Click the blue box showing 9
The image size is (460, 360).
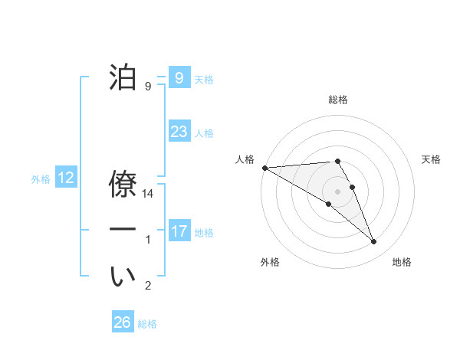(x=179, y=77)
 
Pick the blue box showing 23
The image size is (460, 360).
(x=179, y=132)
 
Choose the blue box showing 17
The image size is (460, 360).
(x=179, y=231)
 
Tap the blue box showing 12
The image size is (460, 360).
(x=66, y=178)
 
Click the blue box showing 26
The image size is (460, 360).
(x=122, y=322)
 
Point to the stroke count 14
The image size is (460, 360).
(x=148, y=195)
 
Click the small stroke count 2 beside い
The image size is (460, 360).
(x=148, y=286)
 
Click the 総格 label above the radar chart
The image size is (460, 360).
(x=338, y=100)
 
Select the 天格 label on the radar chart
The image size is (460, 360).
(x=432, y=159)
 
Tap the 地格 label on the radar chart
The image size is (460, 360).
(x=402, y=262)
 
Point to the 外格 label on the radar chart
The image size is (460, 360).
(x=270, y=262)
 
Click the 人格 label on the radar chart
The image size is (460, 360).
(x=245, y=159)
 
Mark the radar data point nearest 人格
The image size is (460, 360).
(x=264, y=168)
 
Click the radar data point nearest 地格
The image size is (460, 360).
(x=374, y=242)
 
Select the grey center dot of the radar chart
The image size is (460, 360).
(x=338, y=191)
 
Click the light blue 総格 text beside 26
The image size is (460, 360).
(x=147, y=324)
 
